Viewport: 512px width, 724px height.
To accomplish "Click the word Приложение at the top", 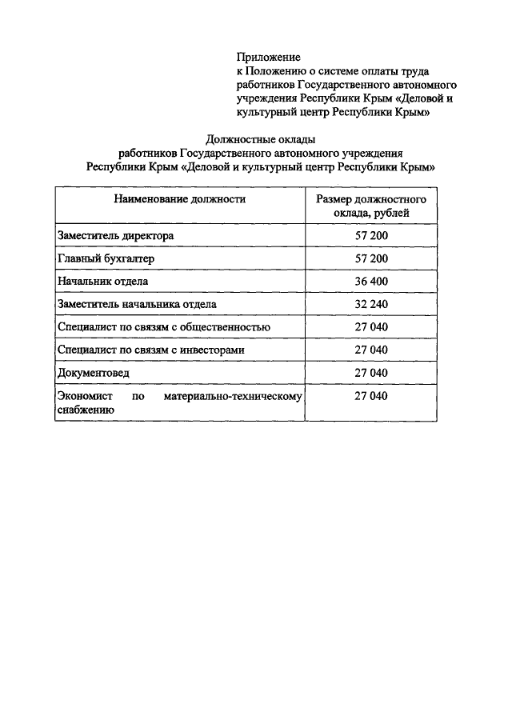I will click(268, 57).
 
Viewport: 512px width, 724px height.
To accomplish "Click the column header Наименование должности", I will click(179, 198).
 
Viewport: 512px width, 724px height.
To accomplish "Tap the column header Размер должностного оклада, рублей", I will click(371, 206).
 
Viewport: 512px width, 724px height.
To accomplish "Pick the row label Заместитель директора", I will click(115, 236).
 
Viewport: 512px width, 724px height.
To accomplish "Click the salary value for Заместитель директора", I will click(371, 236).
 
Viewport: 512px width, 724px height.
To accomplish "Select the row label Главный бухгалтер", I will click(106, 258).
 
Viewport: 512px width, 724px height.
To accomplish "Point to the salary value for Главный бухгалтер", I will click(371, 258).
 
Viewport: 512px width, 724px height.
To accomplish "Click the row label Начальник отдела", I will click(103, 282).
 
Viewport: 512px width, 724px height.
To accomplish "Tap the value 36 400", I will click(371, 282).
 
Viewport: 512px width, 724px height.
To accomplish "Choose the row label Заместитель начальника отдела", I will click(137, 304).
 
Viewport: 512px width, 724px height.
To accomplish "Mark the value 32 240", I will click(371, 304).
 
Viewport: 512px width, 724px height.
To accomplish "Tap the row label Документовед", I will click(93, 373).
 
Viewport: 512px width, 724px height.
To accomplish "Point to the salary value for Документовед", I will click(371, 373).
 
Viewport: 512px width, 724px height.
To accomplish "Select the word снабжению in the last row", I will click(85, 410).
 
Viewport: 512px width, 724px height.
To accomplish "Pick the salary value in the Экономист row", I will click(371, 396).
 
